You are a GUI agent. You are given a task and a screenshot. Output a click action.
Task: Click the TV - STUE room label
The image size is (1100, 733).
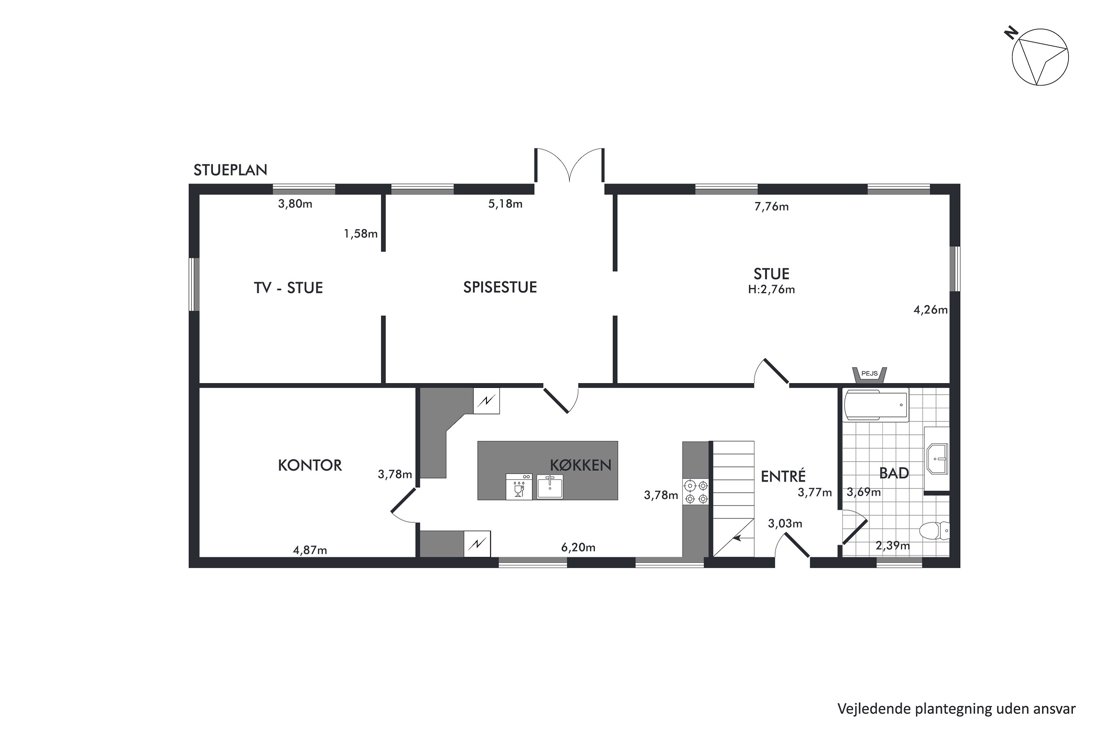click(x=288, y=288)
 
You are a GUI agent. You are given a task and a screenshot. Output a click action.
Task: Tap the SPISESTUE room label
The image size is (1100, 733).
click(x=499, y=287)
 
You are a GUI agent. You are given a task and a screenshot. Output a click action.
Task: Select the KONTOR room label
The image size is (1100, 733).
click(x=310, y=465)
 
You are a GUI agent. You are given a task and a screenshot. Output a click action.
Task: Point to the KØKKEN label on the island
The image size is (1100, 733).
click(x=581, y=464)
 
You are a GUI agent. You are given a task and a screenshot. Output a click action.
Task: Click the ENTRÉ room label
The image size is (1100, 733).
click(x=783, y=476)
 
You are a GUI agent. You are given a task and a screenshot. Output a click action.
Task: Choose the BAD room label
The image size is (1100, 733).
click(x=894, y=473)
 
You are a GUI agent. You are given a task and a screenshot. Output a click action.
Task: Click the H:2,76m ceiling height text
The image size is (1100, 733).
click(x=771, y=289)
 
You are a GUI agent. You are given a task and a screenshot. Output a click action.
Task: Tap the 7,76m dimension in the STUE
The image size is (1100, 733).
click(x=771, y=206)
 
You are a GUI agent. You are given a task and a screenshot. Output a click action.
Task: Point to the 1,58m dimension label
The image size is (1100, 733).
click(x=361, y=234)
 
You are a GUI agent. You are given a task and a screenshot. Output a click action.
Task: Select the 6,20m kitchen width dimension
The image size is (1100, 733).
click(x=578, y=547)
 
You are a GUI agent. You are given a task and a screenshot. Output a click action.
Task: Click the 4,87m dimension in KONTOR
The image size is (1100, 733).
click(x=309, y=550)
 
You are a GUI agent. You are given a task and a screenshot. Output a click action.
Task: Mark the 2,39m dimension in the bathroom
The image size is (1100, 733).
click(x=892, y=545)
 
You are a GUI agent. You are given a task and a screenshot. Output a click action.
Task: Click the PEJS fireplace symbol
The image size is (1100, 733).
click(x=869, y=375)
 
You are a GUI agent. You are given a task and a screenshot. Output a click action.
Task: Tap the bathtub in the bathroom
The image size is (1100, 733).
click(x=876, y=405)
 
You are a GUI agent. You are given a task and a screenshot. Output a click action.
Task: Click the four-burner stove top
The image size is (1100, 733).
click(x=696, y=492)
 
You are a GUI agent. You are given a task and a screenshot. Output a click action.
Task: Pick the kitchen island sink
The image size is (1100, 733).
click(x=549, y=486)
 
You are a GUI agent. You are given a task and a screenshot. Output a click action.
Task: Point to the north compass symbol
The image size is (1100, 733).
click(x=1040, y=58)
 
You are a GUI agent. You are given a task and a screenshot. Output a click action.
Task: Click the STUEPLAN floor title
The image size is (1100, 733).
click(x=230, y=170)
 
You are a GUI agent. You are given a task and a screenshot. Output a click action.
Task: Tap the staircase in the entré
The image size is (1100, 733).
click(x=734, y=499)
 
